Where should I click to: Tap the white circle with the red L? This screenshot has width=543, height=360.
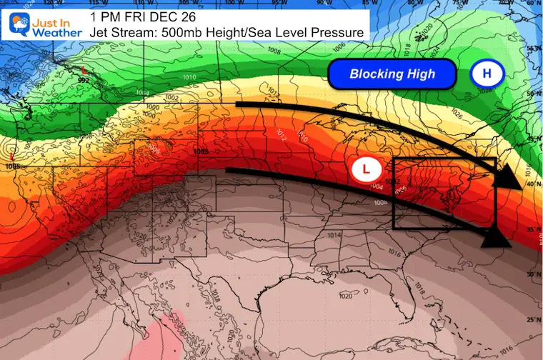[x=367, y=169]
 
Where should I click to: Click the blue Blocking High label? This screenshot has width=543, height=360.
[x=392, y=74]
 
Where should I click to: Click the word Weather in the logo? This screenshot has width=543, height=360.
[x=54, y=31]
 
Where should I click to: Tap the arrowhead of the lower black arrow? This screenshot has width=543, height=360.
[x=497, y=238]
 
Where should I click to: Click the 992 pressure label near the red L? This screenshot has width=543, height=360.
[x=84, y=81]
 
